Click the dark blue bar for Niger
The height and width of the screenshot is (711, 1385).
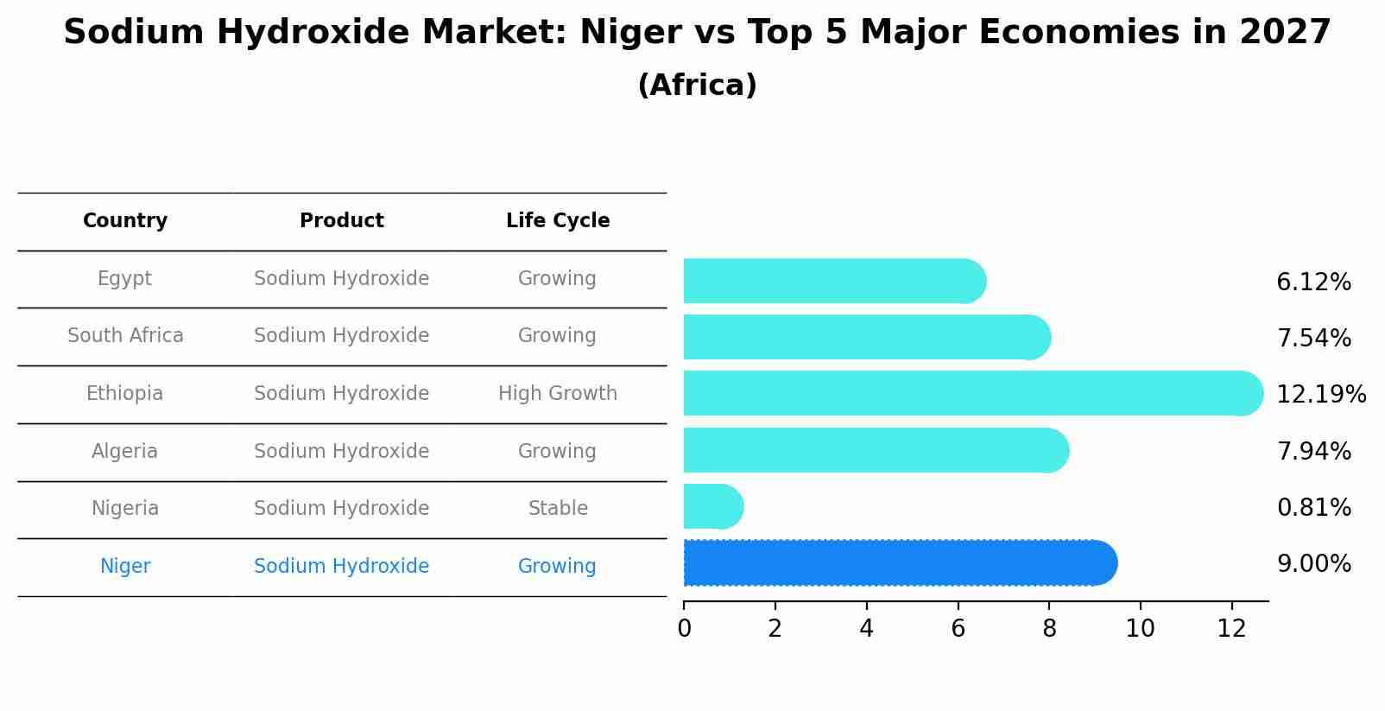898,563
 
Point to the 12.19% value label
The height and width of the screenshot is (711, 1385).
1320,395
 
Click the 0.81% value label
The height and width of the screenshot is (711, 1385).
1313,508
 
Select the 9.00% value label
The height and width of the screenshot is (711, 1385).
1313,564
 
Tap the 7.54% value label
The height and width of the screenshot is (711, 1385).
1313,339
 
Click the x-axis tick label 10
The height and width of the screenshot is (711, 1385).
1140,629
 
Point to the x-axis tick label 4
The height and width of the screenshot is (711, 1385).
866,629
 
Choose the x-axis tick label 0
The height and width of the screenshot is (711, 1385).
684,629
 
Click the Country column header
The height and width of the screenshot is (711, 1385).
125,221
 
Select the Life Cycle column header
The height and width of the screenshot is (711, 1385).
558,221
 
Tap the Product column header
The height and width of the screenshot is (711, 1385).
342,221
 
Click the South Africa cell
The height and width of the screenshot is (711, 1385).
125,336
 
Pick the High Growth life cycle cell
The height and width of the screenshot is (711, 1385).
558,394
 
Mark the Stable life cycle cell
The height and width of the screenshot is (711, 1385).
558,509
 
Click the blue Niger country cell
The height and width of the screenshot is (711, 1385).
125,567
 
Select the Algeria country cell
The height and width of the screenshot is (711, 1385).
125,452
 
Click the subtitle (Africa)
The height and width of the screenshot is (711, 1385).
697,86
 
